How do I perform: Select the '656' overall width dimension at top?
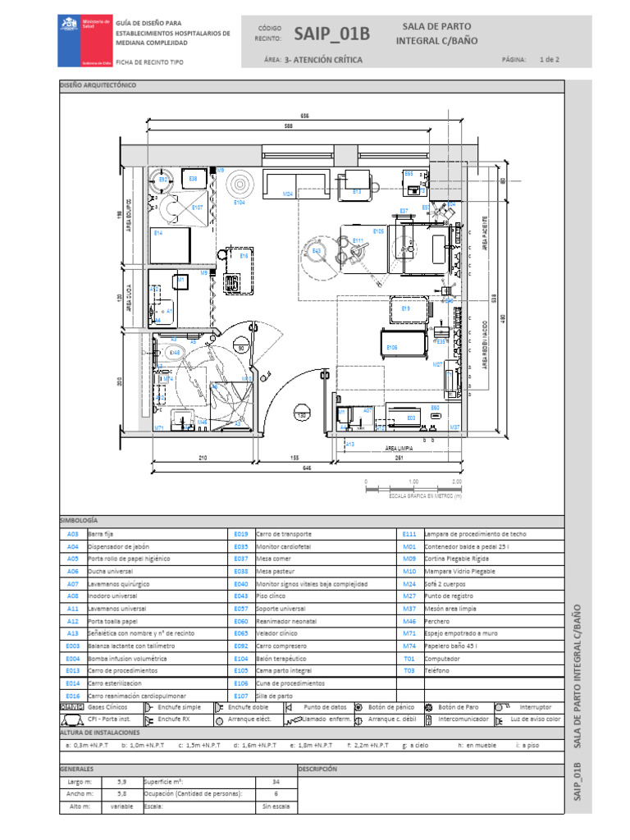pos(304,115)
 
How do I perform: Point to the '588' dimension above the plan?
pos(288,126)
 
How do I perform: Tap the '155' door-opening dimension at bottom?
pos(294,458)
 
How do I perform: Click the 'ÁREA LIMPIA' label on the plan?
pos(398,449)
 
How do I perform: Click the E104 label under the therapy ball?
pos(240,202)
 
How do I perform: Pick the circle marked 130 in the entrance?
pos(302,416)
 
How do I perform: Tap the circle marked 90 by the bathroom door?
pos(241,348)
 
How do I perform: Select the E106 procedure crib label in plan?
pos(392,348)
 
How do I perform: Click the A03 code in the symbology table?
pos(72,534)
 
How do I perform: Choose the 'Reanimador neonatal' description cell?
pos(283,621)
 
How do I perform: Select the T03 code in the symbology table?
pos(409,670)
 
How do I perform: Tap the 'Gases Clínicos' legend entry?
pos(107,707)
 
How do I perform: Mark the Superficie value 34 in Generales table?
pos(276,782)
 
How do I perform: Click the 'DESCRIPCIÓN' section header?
pos(318,769)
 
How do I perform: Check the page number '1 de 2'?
pos(550,60)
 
